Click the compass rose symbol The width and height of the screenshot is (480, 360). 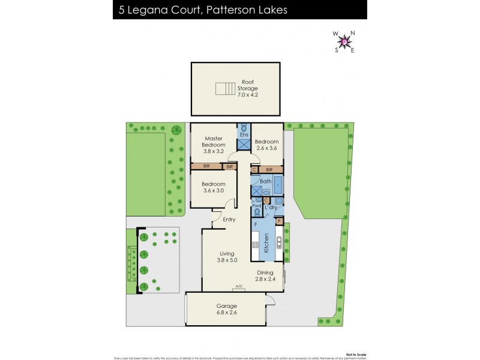click(344, 41)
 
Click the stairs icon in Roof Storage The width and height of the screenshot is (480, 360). click(224, 89)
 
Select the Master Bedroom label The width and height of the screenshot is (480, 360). click(213, 145)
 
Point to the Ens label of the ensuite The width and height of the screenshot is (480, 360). click(244, 135)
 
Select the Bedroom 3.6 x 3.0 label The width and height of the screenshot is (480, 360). click(213, 187)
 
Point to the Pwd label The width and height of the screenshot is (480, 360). click(256, 206)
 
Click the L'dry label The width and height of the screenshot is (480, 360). click(271, 207)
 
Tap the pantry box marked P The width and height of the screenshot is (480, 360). click(278, 221)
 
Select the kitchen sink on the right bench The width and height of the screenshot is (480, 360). click(278, 244)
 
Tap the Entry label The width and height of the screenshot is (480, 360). click(229, 220)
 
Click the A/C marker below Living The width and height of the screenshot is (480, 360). click(239, 286)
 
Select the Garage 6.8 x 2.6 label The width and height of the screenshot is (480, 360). click(227, 309)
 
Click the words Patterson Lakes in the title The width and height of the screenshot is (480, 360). click(236, 10)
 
